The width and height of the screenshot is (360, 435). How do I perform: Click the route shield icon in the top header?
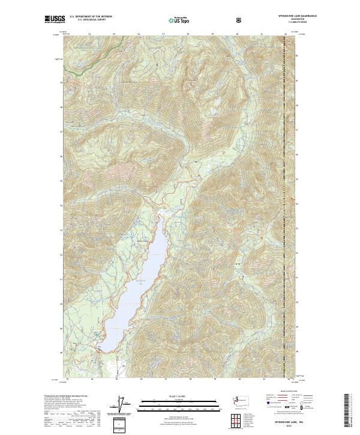click(x=239, y=19)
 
